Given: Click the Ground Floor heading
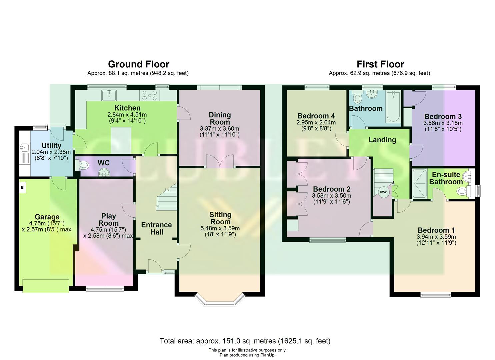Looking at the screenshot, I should [x=138, y=64].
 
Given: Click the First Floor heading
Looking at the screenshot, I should [x=380, y=64].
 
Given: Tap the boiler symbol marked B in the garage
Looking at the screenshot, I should [x=22, y=187].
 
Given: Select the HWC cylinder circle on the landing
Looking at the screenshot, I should [x=384, y=192].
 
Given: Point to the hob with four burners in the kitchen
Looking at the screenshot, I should [x=150, y=95].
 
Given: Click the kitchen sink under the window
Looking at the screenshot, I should [x=109, y=95].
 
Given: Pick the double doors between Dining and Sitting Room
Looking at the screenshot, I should [x=219, y=162].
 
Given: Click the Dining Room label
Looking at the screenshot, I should [x=220, y=118].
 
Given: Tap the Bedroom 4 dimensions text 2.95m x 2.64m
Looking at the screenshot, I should [x=316, y=122].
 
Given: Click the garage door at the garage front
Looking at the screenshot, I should [x=46, y=286].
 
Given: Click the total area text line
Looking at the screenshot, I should [x=245, y=341].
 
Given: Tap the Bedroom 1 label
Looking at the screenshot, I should [x=436, y=230].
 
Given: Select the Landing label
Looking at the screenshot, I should [x=382, y=140].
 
